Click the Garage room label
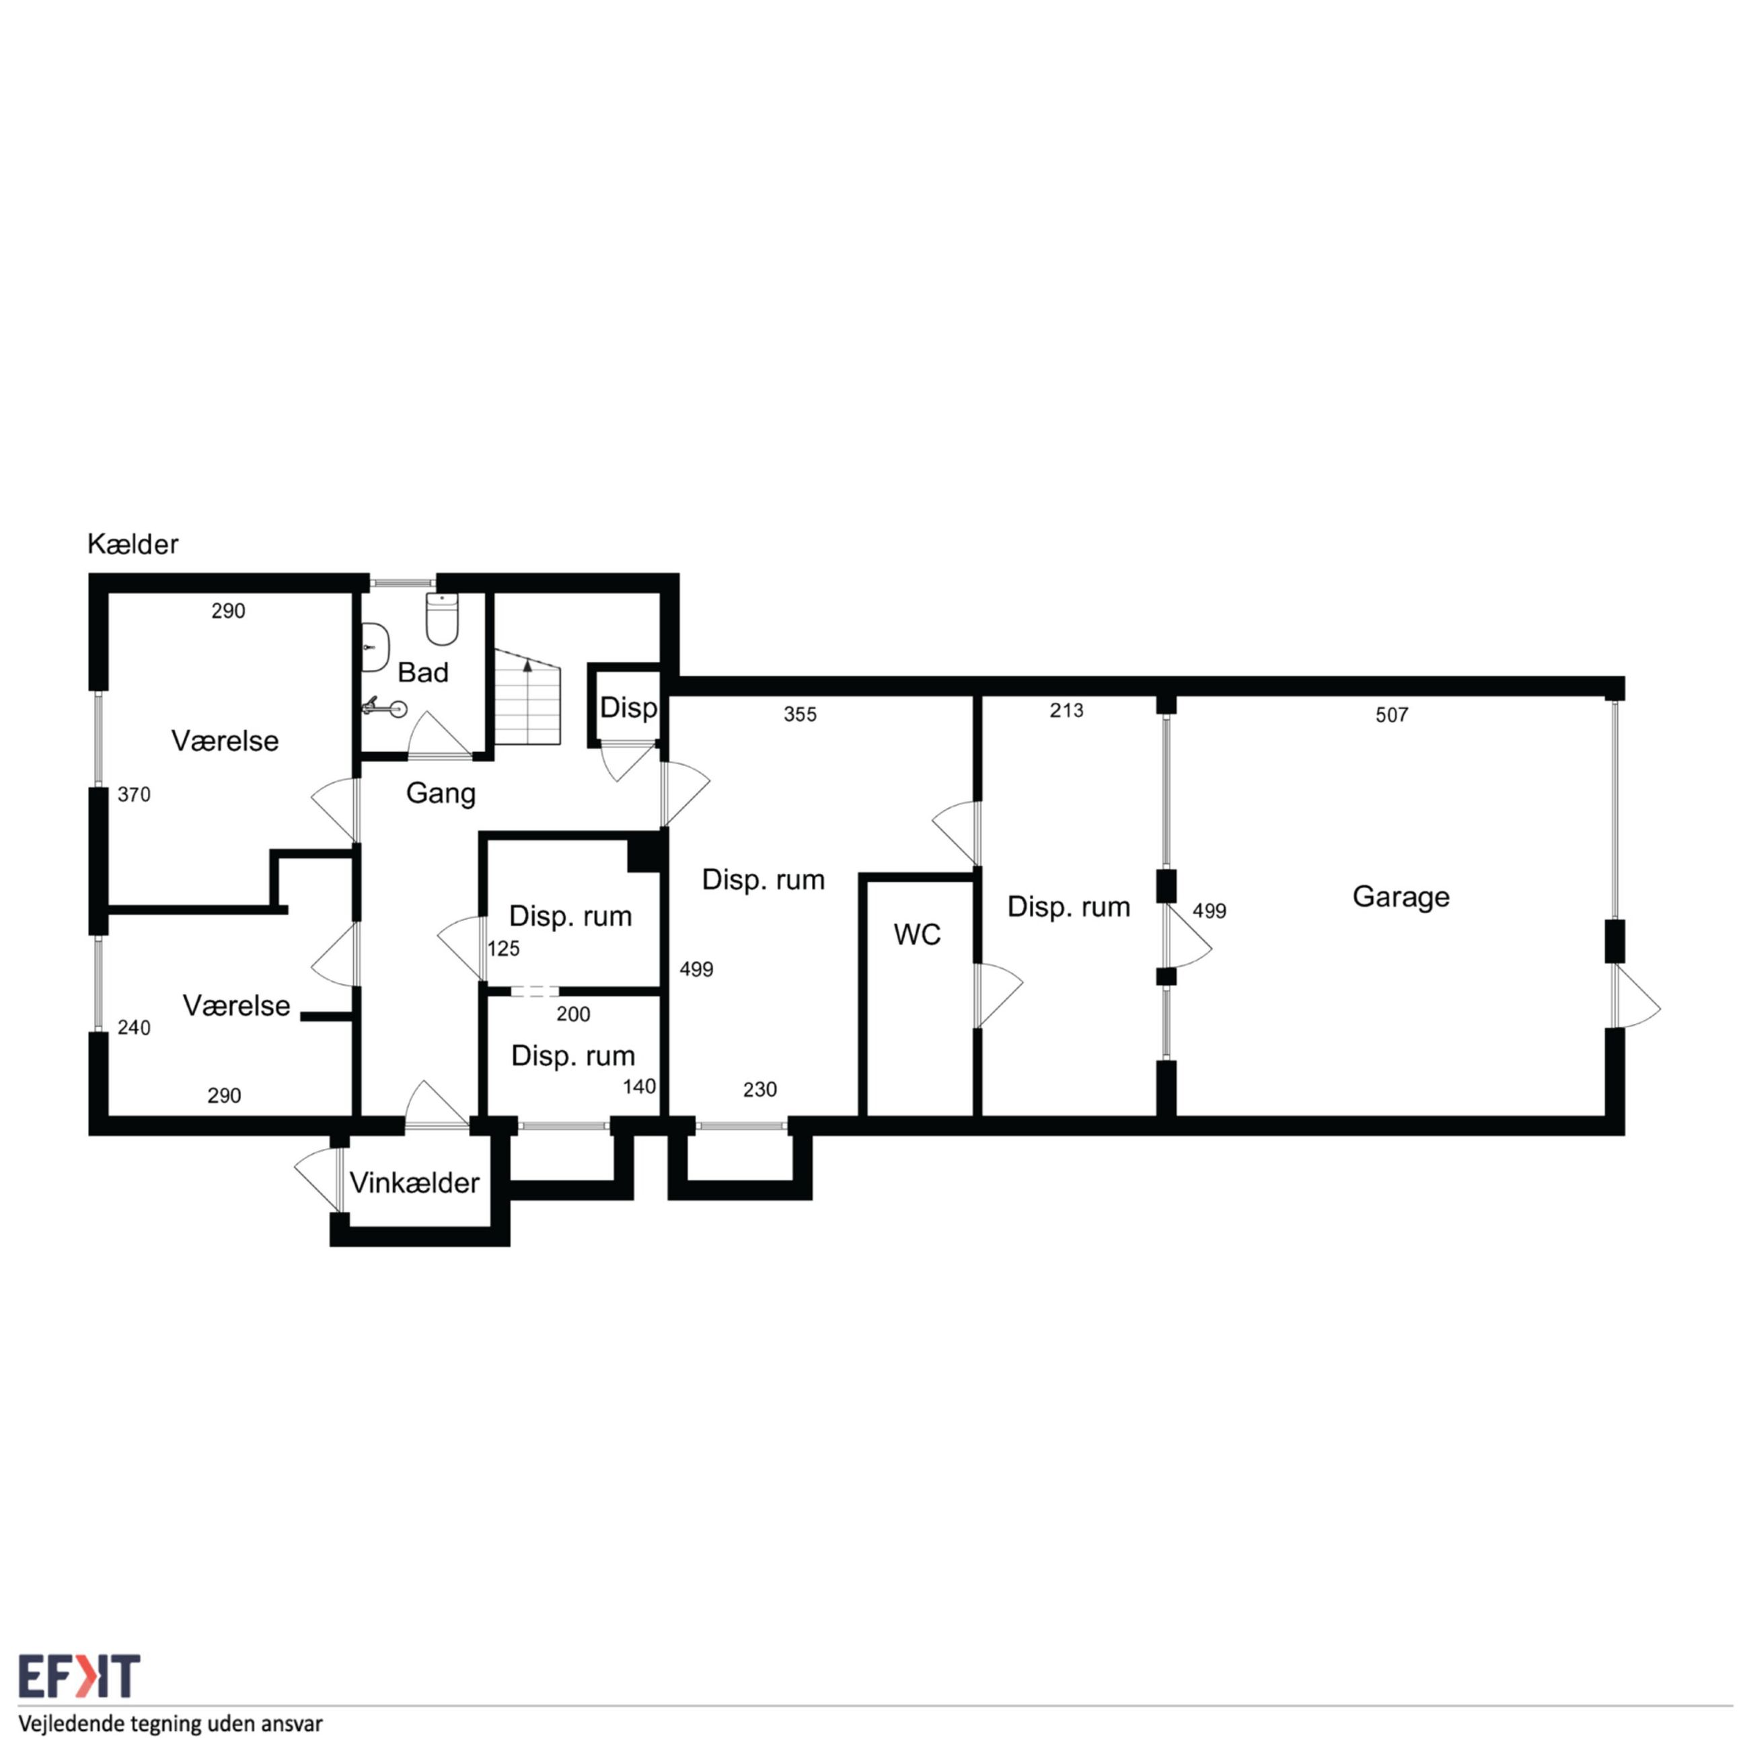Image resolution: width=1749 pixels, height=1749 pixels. pos(1401,897)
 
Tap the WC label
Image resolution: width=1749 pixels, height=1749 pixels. pos(917,934)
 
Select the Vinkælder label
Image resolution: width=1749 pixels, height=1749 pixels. pos(414,1183)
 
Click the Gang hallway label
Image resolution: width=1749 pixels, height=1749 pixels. pos(441,793)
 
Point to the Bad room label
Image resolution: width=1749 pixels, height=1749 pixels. pos(422,672)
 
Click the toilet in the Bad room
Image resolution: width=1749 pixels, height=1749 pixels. pos(442,618)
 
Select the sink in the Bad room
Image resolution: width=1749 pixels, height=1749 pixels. pos(374,647)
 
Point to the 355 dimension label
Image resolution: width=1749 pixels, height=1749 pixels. pos(801,714)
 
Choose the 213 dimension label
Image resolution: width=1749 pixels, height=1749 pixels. pos(1066,710)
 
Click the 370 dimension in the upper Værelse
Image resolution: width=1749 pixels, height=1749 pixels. pos(134,795)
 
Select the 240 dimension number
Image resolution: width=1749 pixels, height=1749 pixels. pos(134,1027)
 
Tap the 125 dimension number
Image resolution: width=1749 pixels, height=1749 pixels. pos(503,948)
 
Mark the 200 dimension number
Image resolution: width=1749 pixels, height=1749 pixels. pos(573,1014)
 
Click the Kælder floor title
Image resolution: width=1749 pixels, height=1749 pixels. pos(133,544)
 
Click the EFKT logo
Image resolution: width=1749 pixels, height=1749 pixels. pos(79,1676)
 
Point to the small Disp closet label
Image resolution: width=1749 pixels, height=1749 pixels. pos(628,707)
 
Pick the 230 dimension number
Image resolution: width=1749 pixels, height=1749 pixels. pos(759,1090)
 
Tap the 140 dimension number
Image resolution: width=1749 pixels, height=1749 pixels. pos(639,1086)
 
